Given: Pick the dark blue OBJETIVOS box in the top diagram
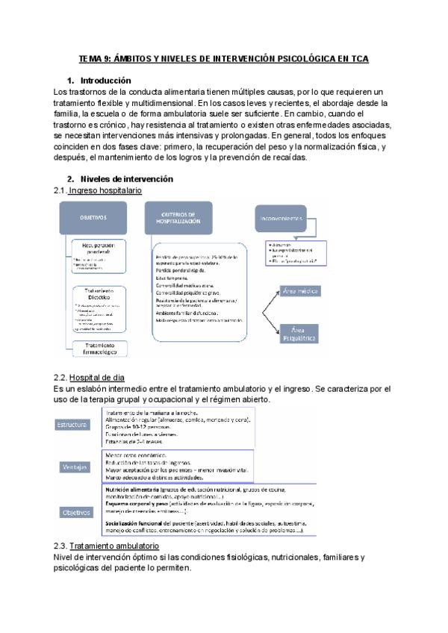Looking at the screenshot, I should click(x=94, y=217).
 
